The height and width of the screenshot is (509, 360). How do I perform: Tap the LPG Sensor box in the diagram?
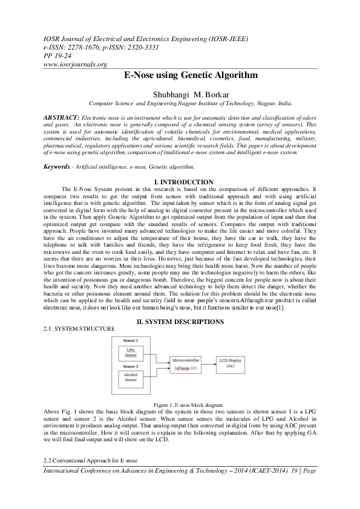[x=131, y=352]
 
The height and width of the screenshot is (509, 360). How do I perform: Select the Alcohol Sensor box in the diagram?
[x=131, y=379]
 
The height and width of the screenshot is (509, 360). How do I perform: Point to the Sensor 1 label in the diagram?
[x=131, y=341]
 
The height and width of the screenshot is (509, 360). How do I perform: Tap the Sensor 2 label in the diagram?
[x=131, y=366]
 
